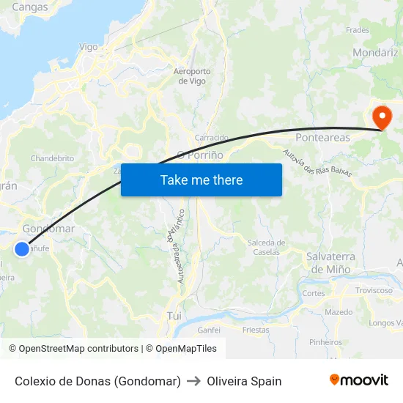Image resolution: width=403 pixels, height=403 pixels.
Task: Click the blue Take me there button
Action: click(x=202, y=180)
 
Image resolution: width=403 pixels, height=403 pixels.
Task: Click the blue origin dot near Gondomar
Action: click(x=22, y=249)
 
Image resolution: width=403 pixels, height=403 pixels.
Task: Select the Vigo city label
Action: click(x=88, y=47)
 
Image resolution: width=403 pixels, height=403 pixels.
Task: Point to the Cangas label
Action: click(x=30, y=7)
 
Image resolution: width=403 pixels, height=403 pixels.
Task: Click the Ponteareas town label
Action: click(x=322, y=137)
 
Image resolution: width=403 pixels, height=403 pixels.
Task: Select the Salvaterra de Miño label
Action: click(x=330, y=262)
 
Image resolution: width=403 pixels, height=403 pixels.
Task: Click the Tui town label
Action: click(x=174, y=315)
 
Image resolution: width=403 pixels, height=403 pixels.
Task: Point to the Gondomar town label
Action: click(x=48, y=229)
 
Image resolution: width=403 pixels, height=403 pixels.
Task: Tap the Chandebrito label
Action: click(x=52, y=158)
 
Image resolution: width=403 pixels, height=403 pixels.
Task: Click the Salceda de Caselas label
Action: click(x=266, y=247)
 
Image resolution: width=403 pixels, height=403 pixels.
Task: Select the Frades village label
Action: click(x=358, y=30)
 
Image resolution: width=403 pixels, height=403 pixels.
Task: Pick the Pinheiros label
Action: click(x=325, y=341)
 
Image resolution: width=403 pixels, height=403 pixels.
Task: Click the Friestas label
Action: click(x=256, y=330)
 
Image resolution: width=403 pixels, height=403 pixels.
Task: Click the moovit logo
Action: click(x=358, y=380)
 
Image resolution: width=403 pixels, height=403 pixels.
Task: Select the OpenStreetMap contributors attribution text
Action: click(x=73, y=349)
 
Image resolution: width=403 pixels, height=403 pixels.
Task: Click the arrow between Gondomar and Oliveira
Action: click(x=194, y=381)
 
